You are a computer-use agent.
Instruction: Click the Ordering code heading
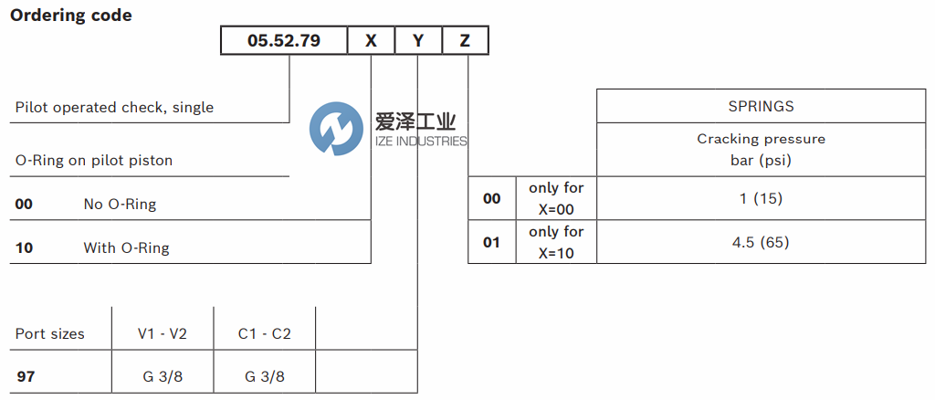tap(71, 16)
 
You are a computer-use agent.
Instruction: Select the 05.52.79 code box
tap(284, 41)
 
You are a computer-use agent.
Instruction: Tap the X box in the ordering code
tap(371, 41)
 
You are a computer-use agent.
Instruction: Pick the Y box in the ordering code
tap(418, 41)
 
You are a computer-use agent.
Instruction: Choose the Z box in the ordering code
tap(465, 41)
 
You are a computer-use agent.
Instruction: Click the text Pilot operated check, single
tap(114, 108)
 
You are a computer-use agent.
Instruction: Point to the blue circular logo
tap(336, 129)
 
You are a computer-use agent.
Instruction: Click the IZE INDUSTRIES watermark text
tap(421, 141)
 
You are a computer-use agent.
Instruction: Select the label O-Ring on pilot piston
tap(94, 161)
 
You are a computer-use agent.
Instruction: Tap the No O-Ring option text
tap(120, 205)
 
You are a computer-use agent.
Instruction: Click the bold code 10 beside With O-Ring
tap(24, 247)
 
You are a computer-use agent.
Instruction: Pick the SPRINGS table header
tap(761, 106)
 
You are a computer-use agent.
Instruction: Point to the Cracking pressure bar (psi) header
tap(761, 150)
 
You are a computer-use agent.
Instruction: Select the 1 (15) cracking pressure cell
tap(761, 198)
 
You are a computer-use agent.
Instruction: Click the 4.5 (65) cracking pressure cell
tap(761, 242)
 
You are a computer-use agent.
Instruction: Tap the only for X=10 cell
tap(556, 242)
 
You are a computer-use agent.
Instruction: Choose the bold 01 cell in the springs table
tap(492, 243)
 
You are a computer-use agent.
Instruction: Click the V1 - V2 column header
tap(162, 334)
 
